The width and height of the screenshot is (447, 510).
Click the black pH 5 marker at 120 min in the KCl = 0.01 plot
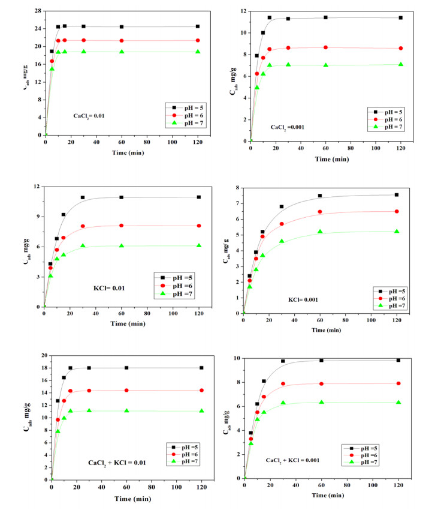pyautogui.click(x=198, y=197)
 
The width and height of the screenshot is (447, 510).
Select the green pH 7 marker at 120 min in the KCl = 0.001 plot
pyautogui.click(x=397, y=232)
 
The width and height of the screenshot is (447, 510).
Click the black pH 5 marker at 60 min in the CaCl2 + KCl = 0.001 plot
pyautogui.click(x=321, y=360)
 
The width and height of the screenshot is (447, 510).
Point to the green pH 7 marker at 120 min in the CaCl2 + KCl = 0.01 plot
pyautogui.click(x=201, y=411)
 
